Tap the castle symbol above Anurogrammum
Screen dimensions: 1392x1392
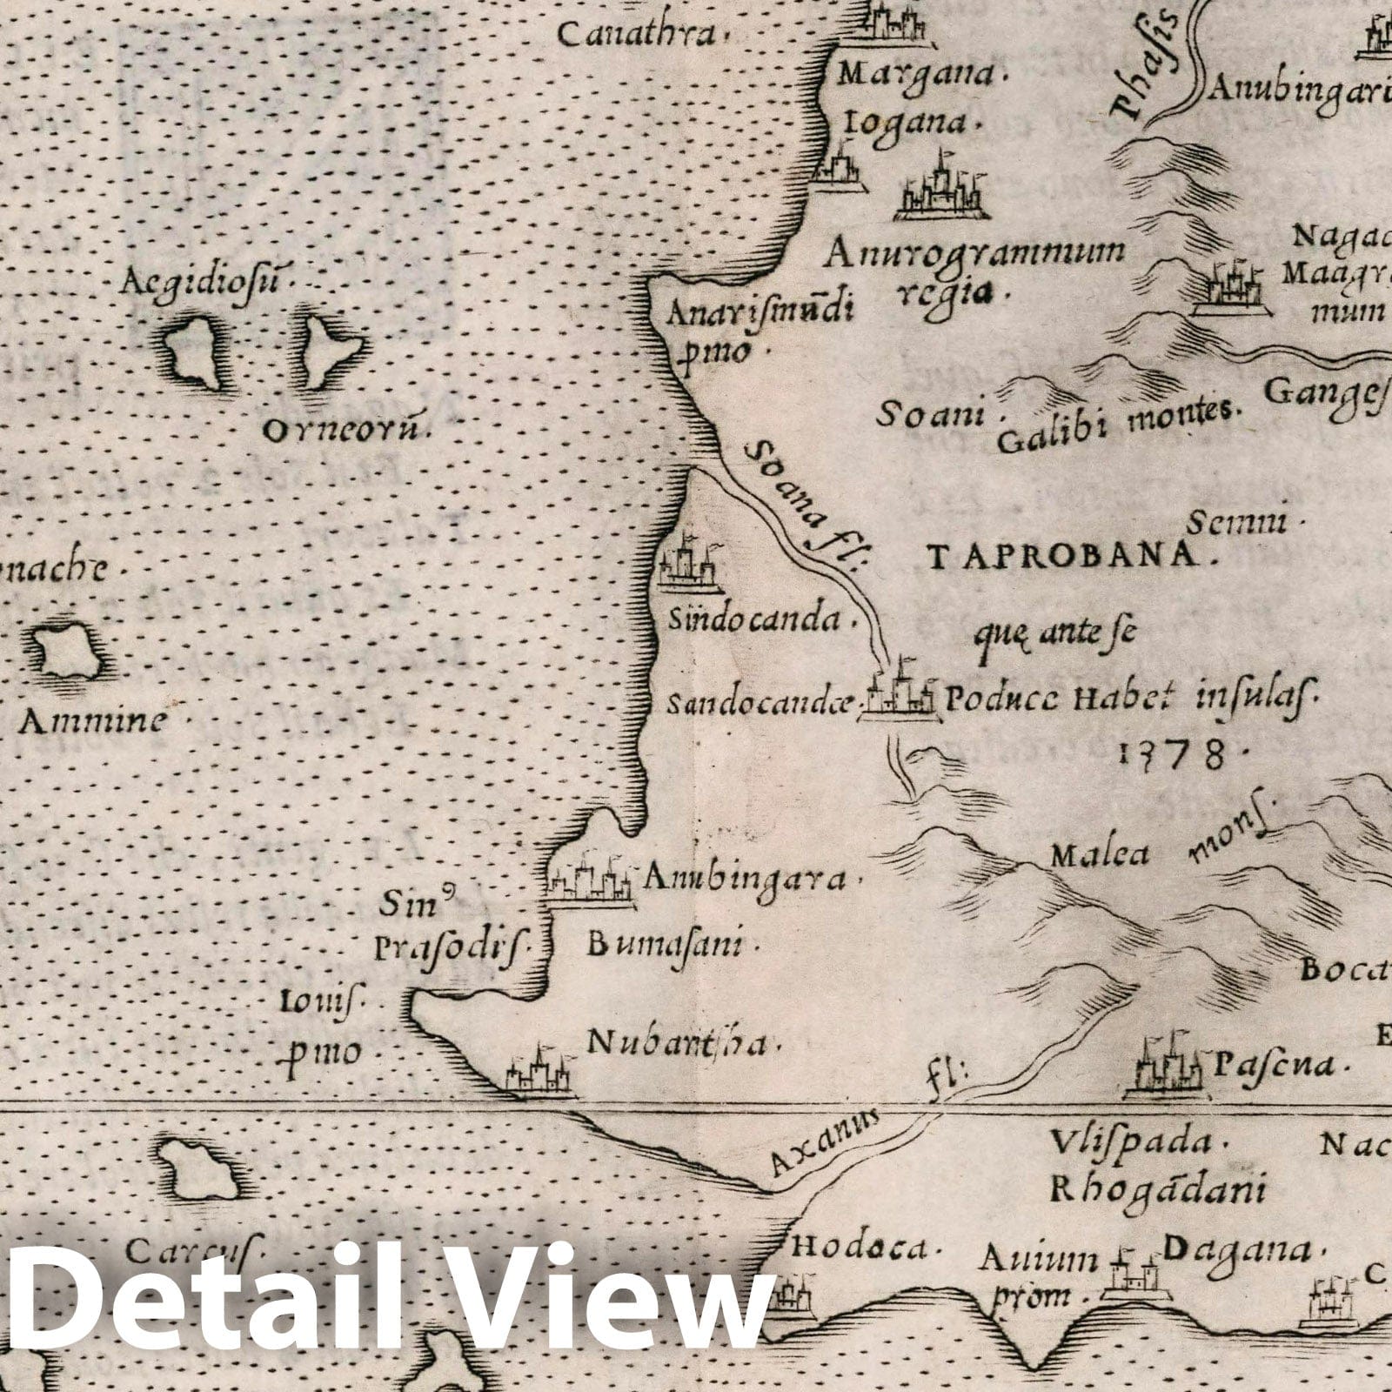coord(942,187)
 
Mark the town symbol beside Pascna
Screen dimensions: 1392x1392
coord(1164,1066)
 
